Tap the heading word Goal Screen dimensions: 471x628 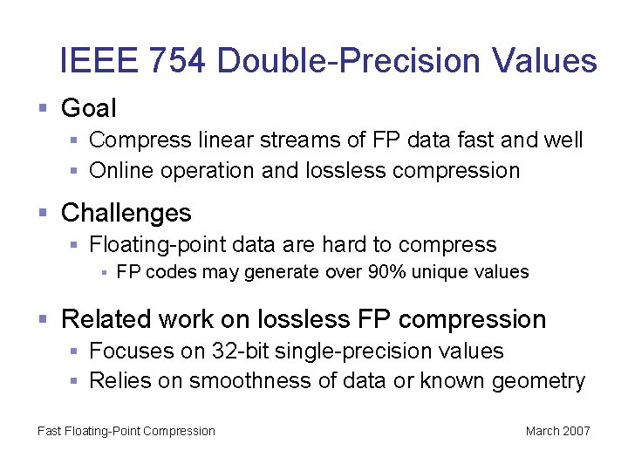88,108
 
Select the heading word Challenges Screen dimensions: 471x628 126,213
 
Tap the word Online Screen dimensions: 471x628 121,171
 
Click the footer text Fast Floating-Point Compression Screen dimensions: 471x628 126,431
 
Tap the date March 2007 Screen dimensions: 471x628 558,431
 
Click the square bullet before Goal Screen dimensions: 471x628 43,109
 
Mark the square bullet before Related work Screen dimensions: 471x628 43,320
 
